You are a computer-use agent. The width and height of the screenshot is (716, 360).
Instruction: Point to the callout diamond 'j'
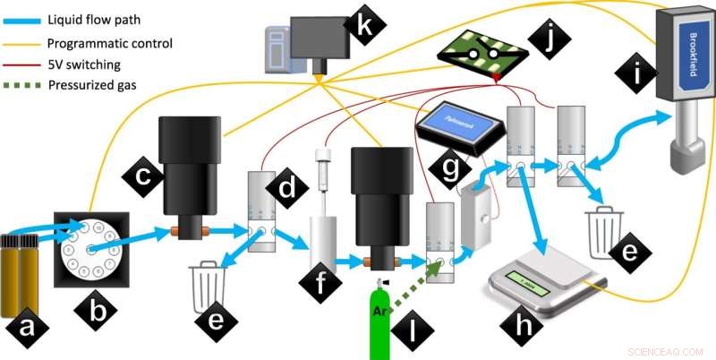pyautogui.click(x=547, y=39)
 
